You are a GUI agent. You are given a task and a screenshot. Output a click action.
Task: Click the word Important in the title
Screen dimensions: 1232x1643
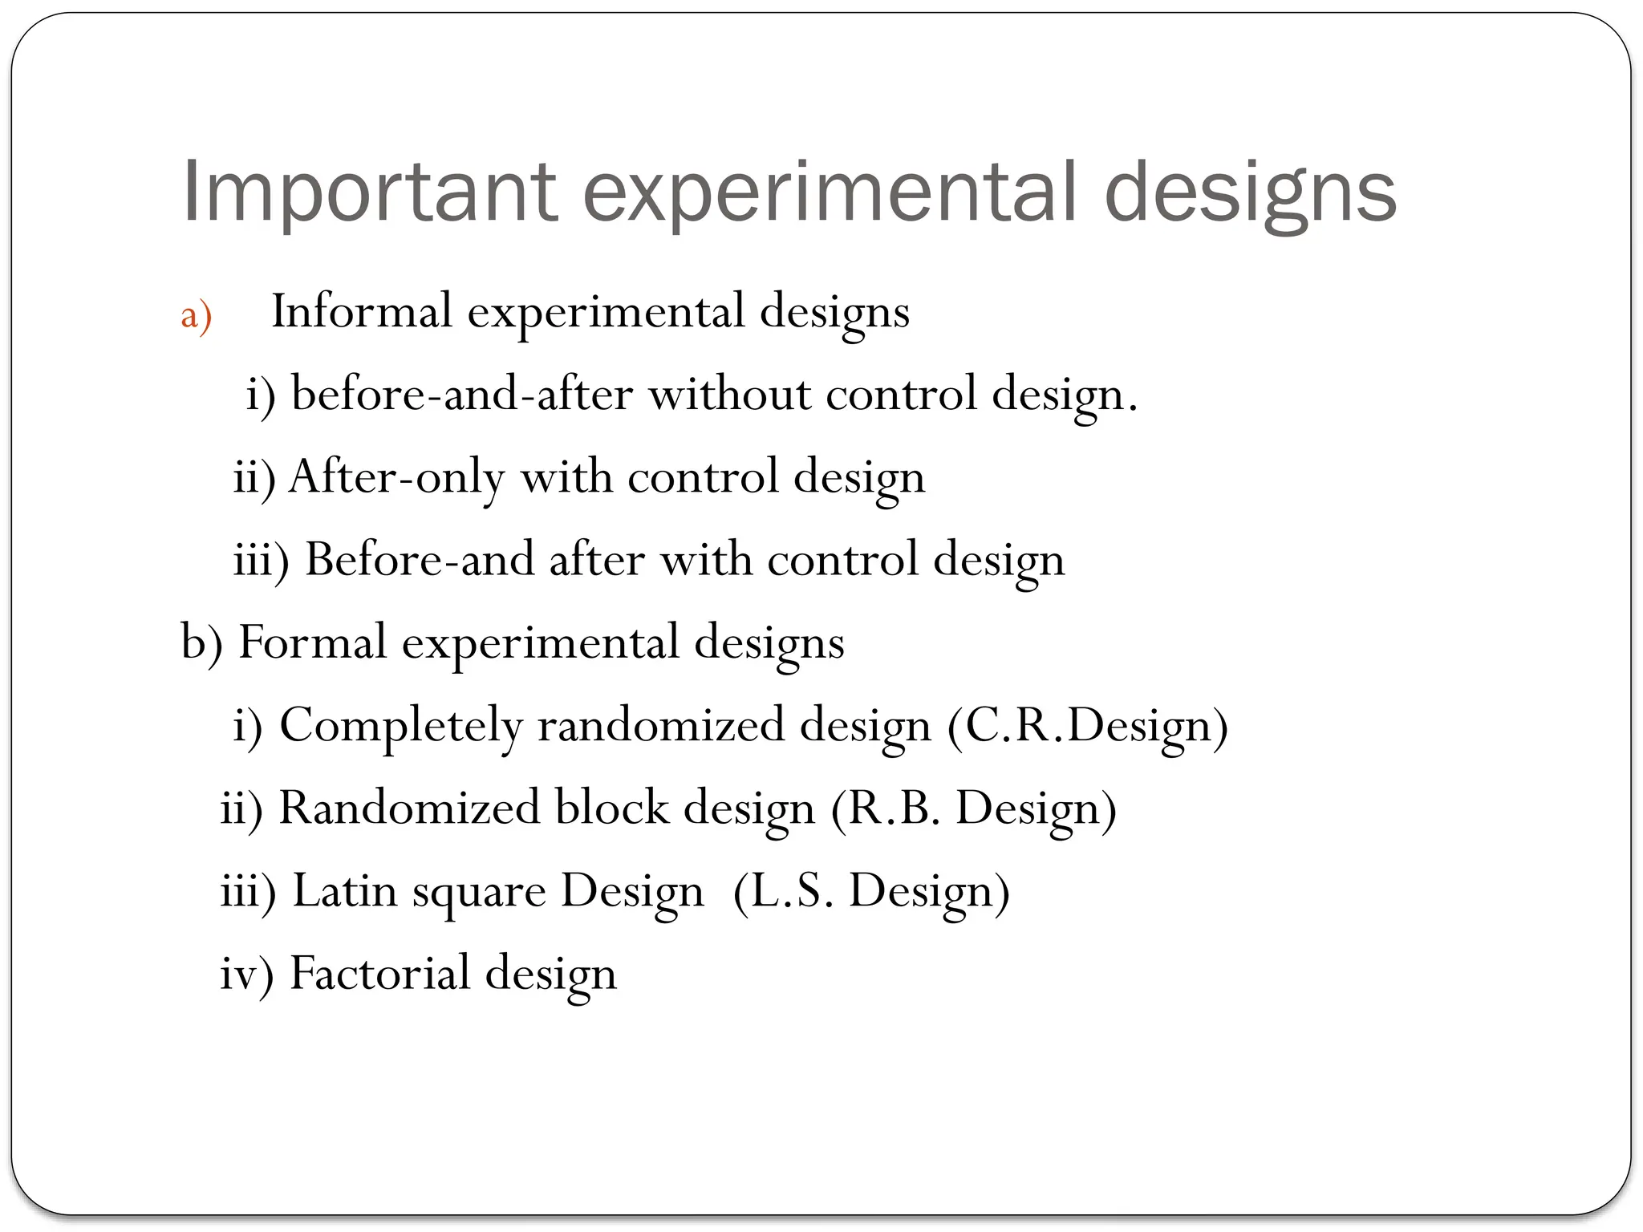(x=369, y=192)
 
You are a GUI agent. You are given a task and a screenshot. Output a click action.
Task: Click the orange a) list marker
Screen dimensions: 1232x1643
(x=196, y=314)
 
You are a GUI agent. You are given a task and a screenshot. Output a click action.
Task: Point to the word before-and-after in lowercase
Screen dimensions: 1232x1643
(x=461, y=394)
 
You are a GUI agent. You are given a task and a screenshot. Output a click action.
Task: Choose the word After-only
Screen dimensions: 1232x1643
(x=396, y=476)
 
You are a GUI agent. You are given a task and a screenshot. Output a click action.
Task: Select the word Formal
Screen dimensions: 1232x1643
(x=313, y=642)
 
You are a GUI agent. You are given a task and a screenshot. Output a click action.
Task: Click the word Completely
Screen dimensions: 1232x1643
(x=400, y=725)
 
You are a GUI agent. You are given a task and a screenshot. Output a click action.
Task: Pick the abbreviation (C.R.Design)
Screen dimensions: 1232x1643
(x=1087, y=725)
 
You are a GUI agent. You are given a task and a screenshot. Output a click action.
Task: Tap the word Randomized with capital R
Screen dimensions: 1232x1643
(x=408, y=808)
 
